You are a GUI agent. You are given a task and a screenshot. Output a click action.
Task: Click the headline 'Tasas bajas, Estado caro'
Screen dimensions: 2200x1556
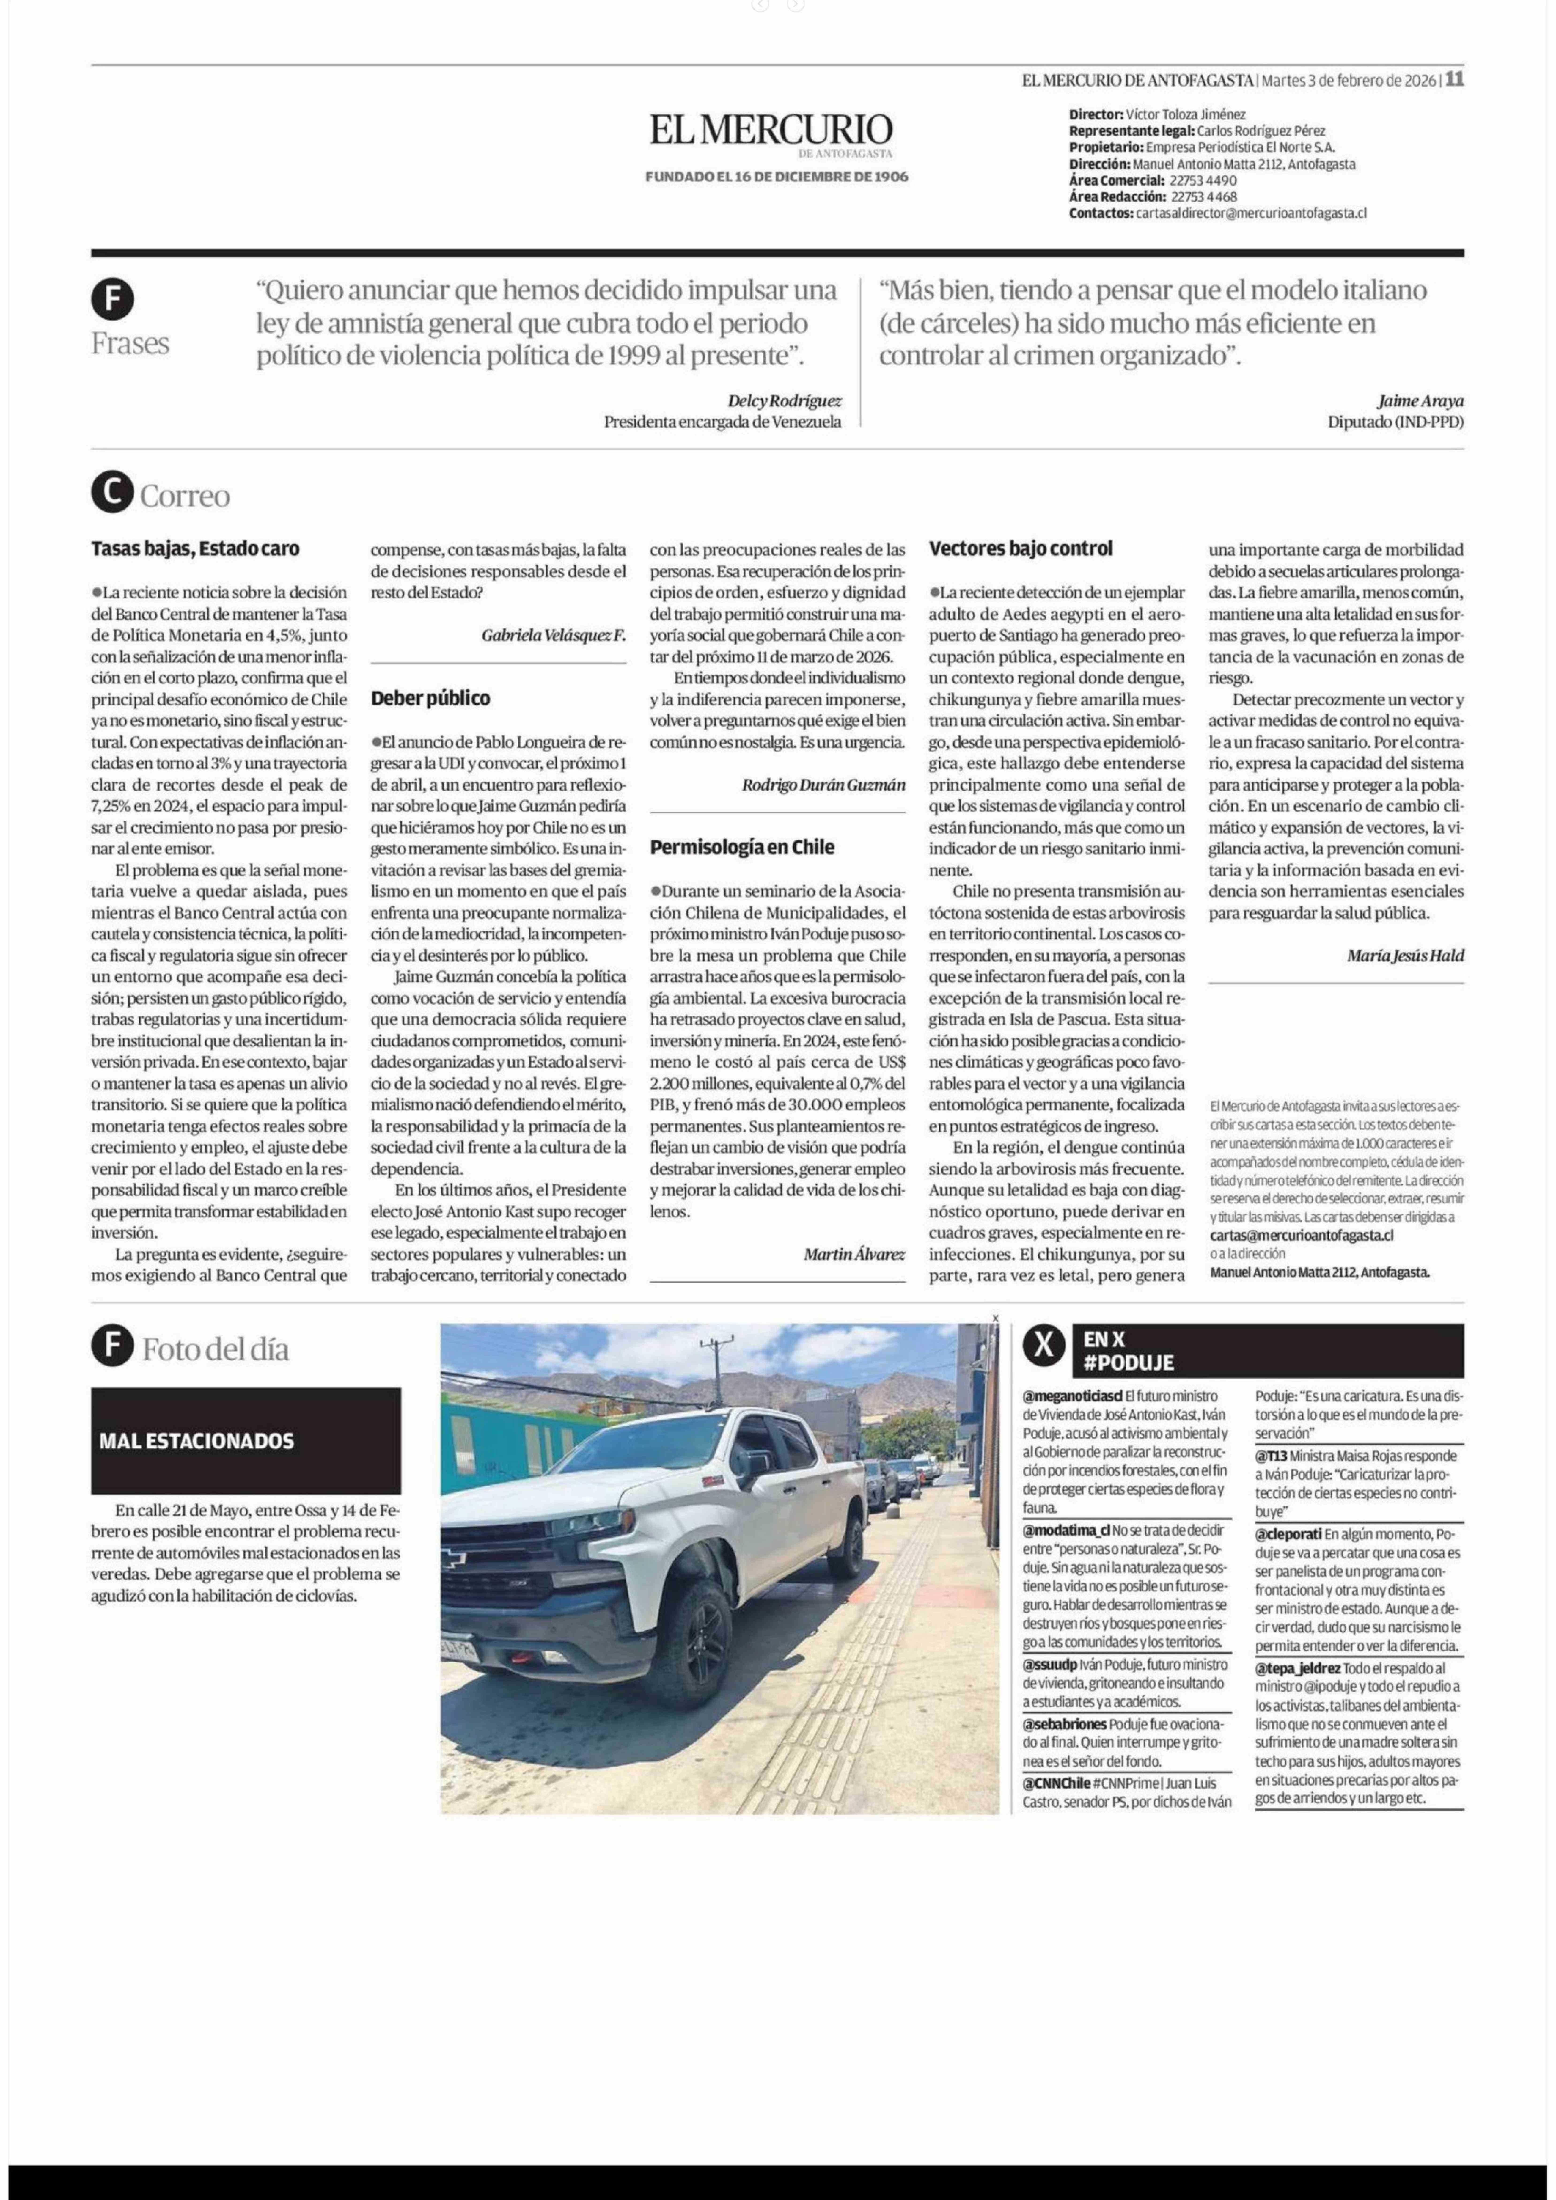click(x=195, y=549)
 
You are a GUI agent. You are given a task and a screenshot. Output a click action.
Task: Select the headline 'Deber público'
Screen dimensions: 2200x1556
click(x=430, y=698)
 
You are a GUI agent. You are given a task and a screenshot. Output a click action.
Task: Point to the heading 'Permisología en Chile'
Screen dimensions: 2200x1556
click(x=742, y=847)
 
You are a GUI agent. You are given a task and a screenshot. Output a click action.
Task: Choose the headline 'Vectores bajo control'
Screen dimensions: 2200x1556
click(x=1021, y=549)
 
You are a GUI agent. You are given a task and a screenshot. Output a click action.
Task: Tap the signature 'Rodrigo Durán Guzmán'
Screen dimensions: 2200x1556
click(x=823, y=785)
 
